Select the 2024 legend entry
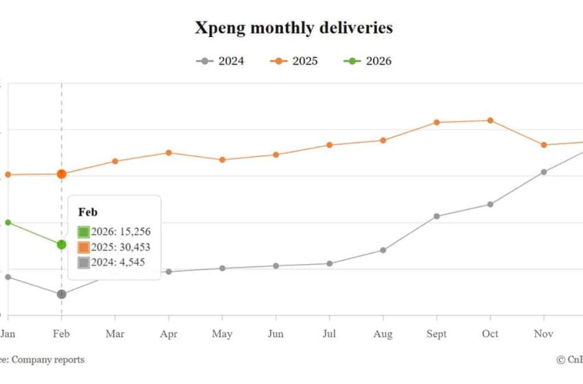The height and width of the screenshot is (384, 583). click(220, 61)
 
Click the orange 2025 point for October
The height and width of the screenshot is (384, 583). click(490, 121)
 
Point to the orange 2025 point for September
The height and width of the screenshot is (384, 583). click(437, 123)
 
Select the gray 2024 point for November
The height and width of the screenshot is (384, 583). click(544, 172)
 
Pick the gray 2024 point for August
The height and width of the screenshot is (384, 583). click(383, 250)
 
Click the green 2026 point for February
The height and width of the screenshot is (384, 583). click(62, 244)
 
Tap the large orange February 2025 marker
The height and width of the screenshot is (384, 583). click(62, 174)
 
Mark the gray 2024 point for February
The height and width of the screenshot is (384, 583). click(62, 294)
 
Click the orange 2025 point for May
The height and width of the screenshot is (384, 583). click(222, 160)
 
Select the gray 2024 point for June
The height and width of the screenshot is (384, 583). click(276, 266)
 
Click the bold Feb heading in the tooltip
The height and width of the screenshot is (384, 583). click(88, 213)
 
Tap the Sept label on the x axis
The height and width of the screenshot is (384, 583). click(437, 334)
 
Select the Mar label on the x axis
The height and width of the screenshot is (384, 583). click(115, 334)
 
